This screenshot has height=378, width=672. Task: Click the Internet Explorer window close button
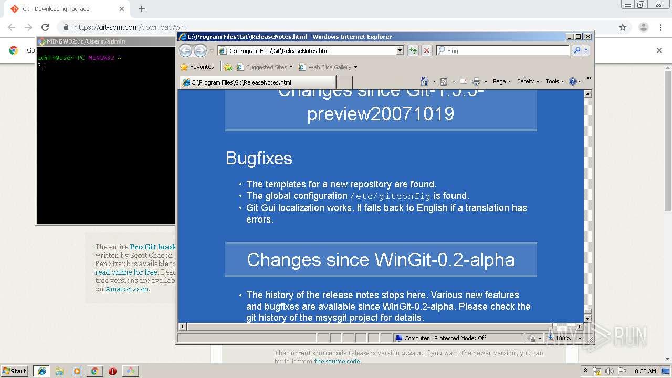point(588,37)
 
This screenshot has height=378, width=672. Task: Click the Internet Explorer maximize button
point(579,37)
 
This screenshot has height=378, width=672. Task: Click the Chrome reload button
point(45,27)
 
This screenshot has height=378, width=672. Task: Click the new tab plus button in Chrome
point(142,9)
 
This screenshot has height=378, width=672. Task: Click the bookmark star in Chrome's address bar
point(623,27)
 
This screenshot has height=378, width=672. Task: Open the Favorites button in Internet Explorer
point(197,67)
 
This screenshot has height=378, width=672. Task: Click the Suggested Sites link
point(266,67)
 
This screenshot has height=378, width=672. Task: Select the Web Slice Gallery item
point(329,67)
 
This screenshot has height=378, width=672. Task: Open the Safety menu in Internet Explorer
point(527,81)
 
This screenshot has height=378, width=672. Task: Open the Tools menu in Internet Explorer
point(554,81)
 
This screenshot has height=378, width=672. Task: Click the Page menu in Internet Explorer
point(501,81)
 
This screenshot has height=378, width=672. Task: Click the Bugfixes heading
point(259,159)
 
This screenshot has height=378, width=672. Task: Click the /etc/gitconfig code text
point(390,196)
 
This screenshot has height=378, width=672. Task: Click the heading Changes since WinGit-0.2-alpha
point(381,259)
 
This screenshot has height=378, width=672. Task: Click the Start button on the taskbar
point(15,371)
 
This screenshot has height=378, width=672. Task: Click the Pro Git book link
point(153,247)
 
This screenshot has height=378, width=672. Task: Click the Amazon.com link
point(128,289)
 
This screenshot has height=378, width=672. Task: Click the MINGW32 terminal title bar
point(105,41)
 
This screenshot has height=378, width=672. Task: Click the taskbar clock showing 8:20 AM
point(645,371)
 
